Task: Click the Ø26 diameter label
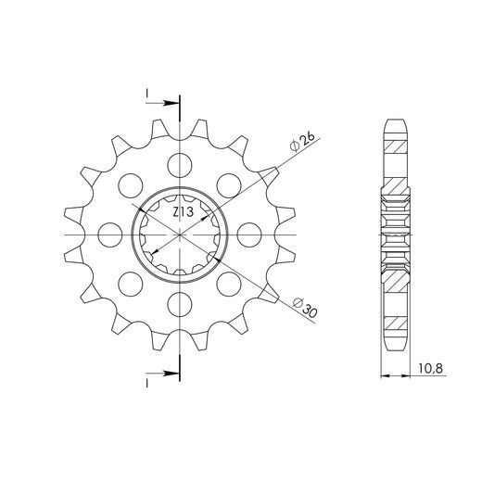coord(302,143)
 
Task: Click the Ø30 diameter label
coord(305,308)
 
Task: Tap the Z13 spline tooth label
coord(183,212)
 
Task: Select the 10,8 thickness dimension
coord(431,368)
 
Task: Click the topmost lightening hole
coord(180,165)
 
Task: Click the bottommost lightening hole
coord(180,304)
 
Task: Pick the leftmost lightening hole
coord(110,235)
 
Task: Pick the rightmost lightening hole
coord(249,235)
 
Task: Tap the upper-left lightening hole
coord(131,185)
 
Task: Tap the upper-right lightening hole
coord(229,185)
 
